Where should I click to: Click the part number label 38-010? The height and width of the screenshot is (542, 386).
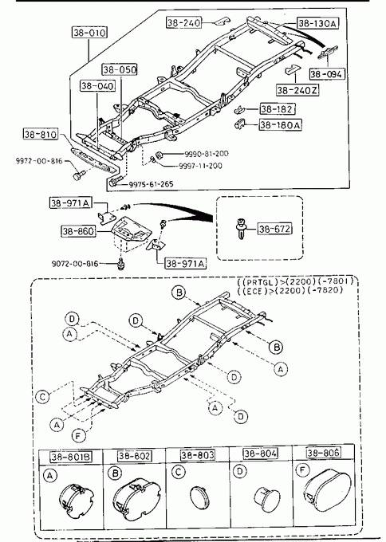89,33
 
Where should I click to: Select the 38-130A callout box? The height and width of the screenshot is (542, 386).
317,23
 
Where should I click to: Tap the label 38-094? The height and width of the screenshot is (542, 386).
327,73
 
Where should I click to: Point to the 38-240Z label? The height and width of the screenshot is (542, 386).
297,90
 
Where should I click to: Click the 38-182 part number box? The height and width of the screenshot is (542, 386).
278,109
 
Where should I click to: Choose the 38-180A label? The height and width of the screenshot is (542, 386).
280,124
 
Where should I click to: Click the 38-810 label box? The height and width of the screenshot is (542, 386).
41,134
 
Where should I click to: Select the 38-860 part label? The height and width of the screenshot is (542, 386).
78,231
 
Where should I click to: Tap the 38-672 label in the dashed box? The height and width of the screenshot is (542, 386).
274,229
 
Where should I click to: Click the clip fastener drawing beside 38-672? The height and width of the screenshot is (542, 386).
240,229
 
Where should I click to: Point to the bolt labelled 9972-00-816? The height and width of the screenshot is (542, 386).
78,175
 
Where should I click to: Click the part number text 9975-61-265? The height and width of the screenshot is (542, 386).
152,184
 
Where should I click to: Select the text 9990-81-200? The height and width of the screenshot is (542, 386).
206,154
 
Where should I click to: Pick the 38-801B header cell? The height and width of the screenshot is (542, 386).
71,457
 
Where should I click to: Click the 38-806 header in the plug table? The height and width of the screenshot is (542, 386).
324,453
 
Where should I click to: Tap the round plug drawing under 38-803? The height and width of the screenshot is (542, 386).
199,497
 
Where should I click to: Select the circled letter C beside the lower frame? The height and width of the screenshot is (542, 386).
42,396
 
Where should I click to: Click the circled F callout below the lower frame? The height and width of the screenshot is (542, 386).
78,436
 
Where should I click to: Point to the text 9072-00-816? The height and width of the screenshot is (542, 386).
75,264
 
